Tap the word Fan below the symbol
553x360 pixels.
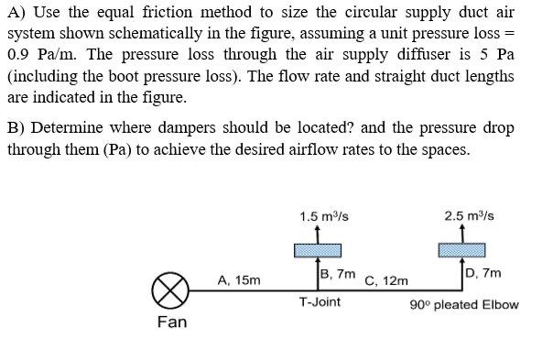click(x=171, y=322)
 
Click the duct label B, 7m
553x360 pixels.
click(x=337, y=273)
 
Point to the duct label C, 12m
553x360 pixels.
click(x=386, y=279)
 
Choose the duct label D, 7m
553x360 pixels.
click(x=483, y=273)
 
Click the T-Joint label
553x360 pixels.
click(x=320, y=301)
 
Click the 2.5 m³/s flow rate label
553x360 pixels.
click(x=469, y=216)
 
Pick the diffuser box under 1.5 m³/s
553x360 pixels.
click(x=318, y=250)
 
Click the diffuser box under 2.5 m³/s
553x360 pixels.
click(x=461, y=250)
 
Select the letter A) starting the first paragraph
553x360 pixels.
click(x=16, y=12)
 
